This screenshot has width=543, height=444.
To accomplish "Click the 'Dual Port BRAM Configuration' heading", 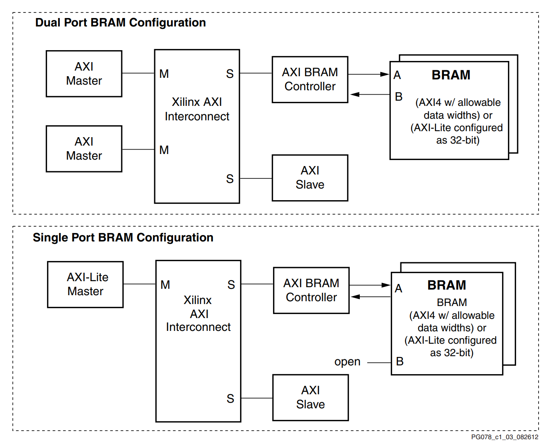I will pos(120,22).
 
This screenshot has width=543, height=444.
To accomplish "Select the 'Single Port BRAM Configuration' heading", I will pos(123,237).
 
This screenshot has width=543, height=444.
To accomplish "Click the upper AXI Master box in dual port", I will pos(84,74).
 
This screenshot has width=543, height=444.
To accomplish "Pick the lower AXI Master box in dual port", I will pos(84,149).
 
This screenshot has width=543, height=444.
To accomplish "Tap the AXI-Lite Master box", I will pos(85,284).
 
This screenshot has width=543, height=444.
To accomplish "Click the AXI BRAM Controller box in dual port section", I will pos(310,79).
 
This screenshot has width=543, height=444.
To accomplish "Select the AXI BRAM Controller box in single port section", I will pos(311,290).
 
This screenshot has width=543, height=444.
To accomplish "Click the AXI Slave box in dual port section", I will pos(310,178).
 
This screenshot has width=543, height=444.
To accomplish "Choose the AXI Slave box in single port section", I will pos(310,397).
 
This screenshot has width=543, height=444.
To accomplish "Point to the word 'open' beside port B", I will pos(347,362).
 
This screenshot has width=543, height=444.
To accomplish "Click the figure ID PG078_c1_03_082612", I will pos(504,437).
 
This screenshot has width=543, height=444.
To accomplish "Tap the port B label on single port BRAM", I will pos(400,361).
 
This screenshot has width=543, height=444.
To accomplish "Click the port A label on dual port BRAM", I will pos(397,75).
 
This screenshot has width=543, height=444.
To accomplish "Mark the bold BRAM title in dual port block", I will pos(451,75).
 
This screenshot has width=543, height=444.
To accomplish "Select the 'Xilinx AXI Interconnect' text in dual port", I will pos(197,109).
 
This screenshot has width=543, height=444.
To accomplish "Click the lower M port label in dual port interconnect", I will pos(164,150).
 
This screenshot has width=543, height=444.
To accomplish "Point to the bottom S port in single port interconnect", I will pos(230,399).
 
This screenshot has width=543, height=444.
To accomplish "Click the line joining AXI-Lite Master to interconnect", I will pos(139,284).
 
